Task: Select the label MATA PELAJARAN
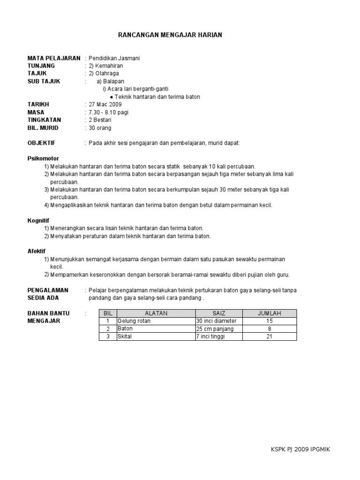53,58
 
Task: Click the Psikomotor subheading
43,158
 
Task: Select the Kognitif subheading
38,220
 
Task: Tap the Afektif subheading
37,251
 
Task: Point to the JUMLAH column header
269,313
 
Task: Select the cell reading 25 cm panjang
215,329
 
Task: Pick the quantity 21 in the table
269,336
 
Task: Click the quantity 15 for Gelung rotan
269,321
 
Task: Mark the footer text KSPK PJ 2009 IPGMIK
300,450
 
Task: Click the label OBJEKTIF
41,143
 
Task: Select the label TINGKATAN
45,120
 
